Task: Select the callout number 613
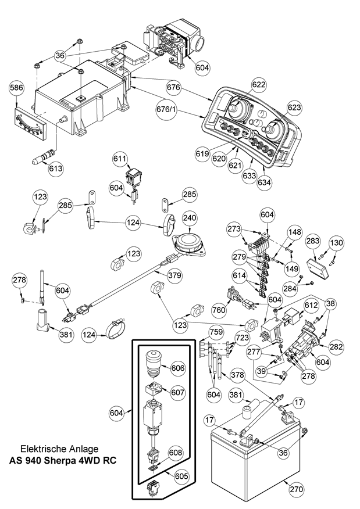(x=56, y=168)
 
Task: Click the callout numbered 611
(x=120, y=159)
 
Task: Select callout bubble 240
(x=190, y=218)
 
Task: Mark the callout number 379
(x=173, y=273)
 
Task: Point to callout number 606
(x=178, y=368)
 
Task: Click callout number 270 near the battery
(x=296, y=489)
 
